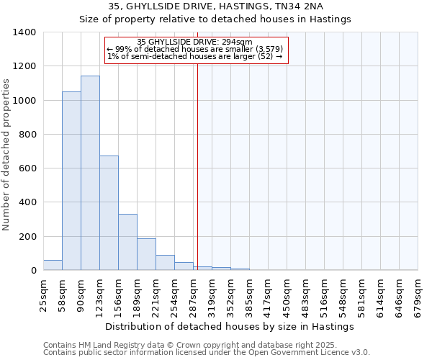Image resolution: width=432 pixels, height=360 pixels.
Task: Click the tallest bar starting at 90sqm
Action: pos(90,173)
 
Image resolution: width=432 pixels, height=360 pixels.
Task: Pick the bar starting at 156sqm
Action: pos(127,242)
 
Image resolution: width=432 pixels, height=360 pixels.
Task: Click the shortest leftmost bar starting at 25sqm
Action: pos(53,265)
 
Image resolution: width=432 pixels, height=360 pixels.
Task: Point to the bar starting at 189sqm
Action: pos(146,254)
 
